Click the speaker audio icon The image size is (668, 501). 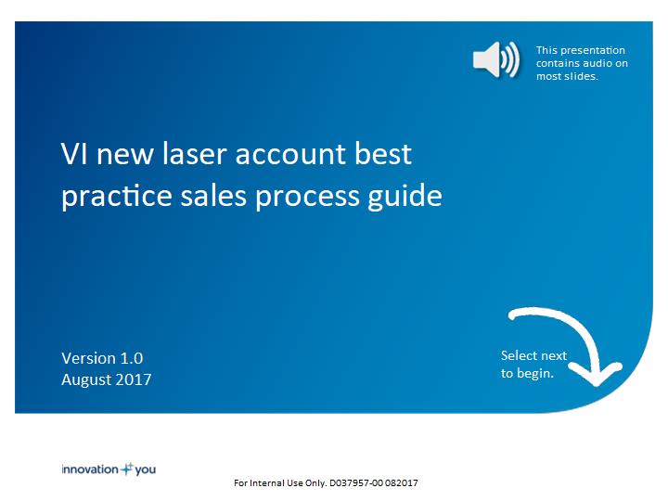[495, 59]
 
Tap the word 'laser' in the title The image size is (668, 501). [194, 153]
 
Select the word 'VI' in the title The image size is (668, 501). [74, 154]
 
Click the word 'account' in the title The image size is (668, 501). [290, 155]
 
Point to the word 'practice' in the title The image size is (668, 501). [116, 197]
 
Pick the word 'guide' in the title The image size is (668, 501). [405, 197]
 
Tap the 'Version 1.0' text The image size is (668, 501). [102, 358]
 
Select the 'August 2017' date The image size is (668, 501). [107, 379]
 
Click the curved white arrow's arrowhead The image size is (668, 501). [596, 374]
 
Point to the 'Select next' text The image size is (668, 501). [533, 355]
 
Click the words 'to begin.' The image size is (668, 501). [527, 374]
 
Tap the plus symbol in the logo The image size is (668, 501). [126, 469]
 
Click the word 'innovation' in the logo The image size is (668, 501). [90, 469]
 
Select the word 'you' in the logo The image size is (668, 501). [146, 470]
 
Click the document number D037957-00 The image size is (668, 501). [356, 483]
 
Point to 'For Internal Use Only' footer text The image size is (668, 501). [279, 483]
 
